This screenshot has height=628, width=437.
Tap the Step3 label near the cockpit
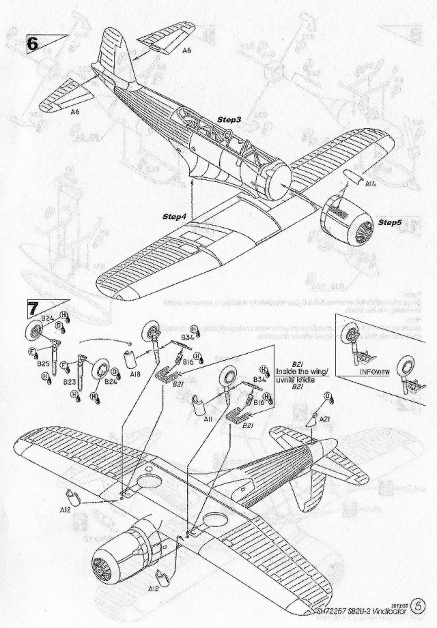click(x=229, y=120)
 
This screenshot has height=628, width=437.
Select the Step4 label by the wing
click(x=175, y=216)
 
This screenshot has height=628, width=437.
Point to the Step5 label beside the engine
click(x=393, y=223)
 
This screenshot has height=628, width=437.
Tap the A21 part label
click(x=324, y=419)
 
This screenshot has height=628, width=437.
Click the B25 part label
click(x=44, y=364)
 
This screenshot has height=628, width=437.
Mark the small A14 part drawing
click(x=351, y=179)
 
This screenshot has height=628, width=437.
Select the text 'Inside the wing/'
click(x=301, y=371)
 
